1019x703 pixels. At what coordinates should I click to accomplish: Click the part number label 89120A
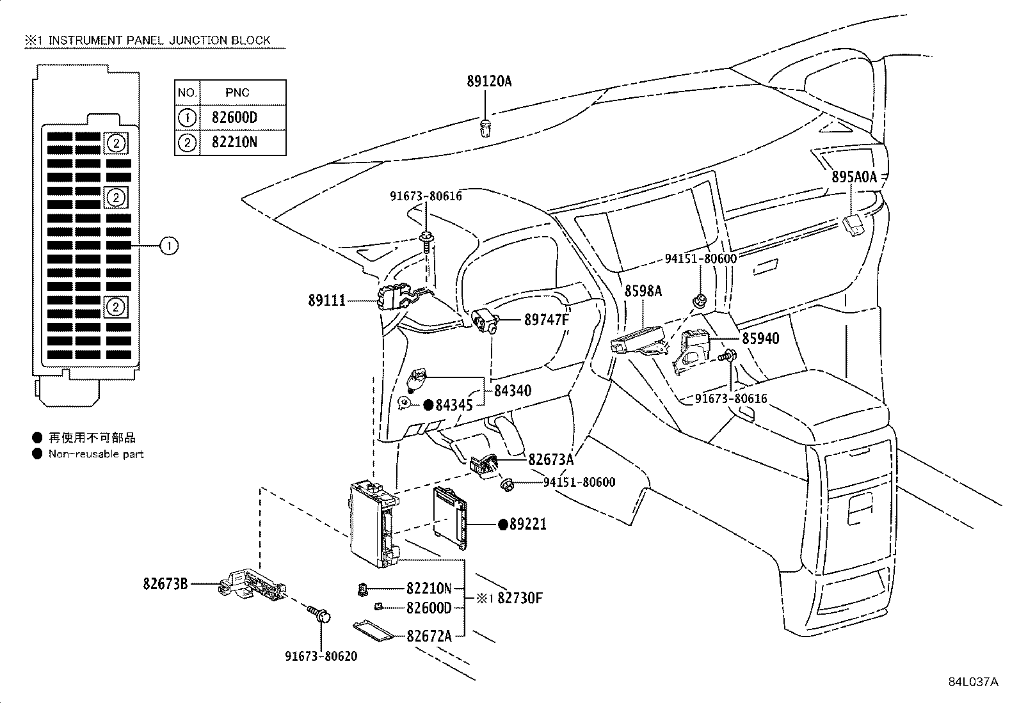tap(489, 81)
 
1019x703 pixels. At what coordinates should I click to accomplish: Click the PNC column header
tap(237, 93)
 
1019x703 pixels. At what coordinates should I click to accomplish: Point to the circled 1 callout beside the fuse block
tap(168, 245)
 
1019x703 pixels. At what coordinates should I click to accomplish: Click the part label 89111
tap(326, 300)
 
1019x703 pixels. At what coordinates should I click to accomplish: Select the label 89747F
tap(547, 320)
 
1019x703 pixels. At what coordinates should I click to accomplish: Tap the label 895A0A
tap(854, 177)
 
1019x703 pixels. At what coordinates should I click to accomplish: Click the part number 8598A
tap(643, 291)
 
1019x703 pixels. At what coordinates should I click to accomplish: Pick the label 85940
tap(760, 338)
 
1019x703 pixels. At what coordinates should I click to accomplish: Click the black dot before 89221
tap(503, 525)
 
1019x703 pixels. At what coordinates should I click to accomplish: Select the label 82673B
tap(165, 583)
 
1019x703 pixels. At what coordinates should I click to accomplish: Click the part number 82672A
tap(429, 635)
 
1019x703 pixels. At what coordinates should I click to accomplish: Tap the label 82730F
tap(520, 598)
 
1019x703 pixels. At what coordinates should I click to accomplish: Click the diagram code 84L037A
tap(973, 682)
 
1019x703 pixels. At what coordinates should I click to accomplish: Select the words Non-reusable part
tap(96, 454)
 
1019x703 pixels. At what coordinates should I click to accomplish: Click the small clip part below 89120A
tap(486, 127)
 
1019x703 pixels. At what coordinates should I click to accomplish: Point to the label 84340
tap(512, 390)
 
